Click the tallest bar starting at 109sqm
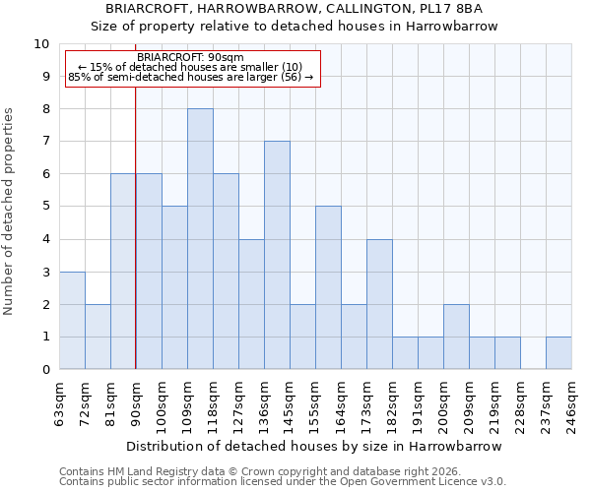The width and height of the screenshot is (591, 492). point(200,239)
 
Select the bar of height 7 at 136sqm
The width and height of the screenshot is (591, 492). point(277,255)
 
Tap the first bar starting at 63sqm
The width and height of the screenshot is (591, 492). point(72,320)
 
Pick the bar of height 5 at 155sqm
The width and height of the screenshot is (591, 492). point(328,287)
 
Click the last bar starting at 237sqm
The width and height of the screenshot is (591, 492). point(558,353)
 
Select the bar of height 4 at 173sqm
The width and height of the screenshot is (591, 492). point(379,304)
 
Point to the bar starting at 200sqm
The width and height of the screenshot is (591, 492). point(456,337)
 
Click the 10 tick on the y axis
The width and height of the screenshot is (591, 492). point(42,44)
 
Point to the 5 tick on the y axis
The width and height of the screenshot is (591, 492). point(45,207)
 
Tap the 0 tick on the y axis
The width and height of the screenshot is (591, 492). point(45,370)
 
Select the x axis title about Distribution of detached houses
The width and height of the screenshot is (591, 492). point(315,446)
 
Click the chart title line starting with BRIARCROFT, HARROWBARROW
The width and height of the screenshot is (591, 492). point(295,9)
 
